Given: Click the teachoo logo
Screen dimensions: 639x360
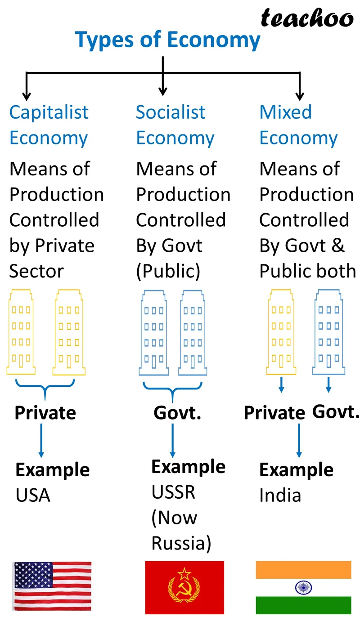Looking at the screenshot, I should point(307,18).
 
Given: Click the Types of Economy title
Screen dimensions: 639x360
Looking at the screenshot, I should point(167,40).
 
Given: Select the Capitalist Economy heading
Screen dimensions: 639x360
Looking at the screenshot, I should point(49,125).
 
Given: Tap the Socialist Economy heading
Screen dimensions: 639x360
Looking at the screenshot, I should point(175,125).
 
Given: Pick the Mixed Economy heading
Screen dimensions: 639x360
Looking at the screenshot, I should point(298,125).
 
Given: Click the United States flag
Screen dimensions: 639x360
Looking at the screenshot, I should point(52,586).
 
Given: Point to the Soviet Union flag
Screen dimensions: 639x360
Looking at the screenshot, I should point(184,587).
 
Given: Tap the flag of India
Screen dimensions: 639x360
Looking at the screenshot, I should point(303,587).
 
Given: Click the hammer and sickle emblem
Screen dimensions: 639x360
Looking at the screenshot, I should point(184,589).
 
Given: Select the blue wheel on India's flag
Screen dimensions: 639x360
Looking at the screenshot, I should point(304,587).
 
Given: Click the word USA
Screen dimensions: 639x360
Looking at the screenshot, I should point(33,496).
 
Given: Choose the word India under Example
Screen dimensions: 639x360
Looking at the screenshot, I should point(280,496).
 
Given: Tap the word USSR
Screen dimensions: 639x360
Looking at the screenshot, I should point(173,492).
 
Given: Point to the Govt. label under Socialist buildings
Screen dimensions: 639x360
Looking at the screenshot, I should point(177,413).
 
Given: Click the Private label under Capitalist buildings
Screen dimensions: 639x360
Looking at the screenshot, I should point(45,413).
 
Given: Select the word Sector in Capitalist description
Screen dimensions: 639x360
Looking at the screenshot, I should point(36,271).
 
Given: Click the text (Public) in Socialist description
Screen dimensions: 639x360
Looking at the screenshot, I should point(168,271).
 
